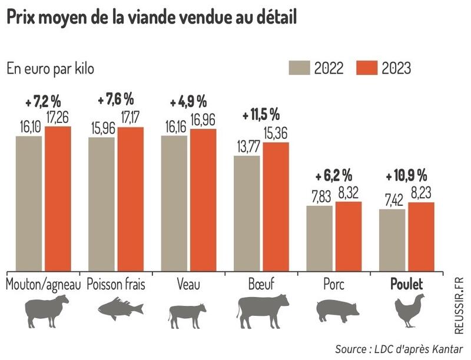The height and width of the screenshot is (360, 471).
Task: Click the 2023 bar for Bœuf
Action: click(x=276, y=206)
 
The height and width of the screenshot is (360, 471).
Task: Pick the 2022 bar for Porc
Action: click(x=319, y=238)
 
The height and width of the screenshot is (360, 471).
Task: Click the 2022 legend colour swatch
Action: click(x=300, y=68)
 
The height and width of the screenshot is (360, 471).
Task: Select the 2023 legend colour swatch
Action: click(x=367, y=68)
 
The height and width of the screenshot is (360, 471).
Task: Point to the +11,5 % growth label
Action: click(x=263, y=114)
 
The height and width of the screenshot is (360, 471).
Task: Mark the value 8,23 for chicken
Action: click(x=420, y=192)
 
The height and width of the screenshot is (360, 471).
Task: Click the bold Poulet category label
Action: click(x=407, y=284)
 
